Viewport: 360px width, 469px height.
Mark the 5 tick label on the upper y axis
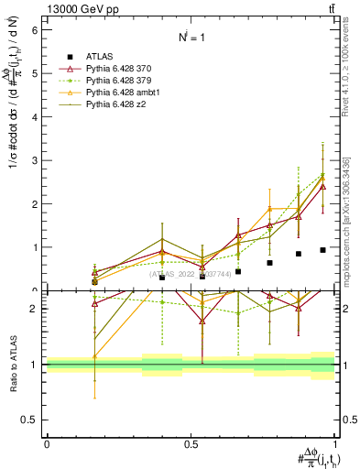coord(34,73)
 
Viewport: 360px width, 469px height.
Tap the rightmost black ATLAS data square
coord(322,250)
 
